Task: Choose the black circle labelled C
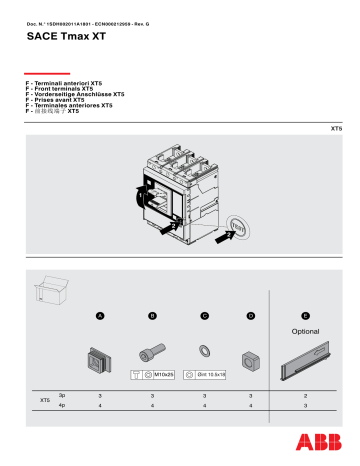click(204, 316)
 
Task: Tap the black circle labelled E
click(305, 316)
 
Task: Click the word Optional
click(305, 330)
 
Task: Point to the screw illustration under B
click(151, 352)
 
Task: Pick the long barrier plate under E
click(305, 358)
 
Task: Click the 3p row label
click(62, 397)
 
